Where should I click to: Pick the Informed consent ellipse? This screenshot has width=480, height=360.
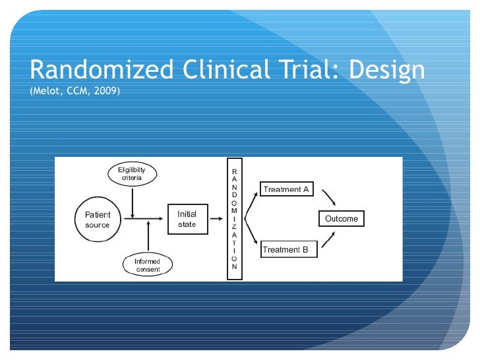146,265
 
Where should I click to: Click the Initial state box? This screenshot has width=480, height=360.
187,220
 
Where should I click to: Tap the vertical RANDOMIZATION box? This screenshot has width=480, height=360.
235,219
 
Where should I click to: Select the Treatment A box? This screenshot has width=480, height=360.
286,190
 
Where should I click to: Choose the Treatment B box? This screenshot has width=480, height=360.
285,250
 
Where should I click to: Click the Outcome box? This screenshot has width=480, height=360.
341,219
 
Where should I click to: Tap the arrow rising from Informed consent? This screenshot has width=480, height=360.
150,237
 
